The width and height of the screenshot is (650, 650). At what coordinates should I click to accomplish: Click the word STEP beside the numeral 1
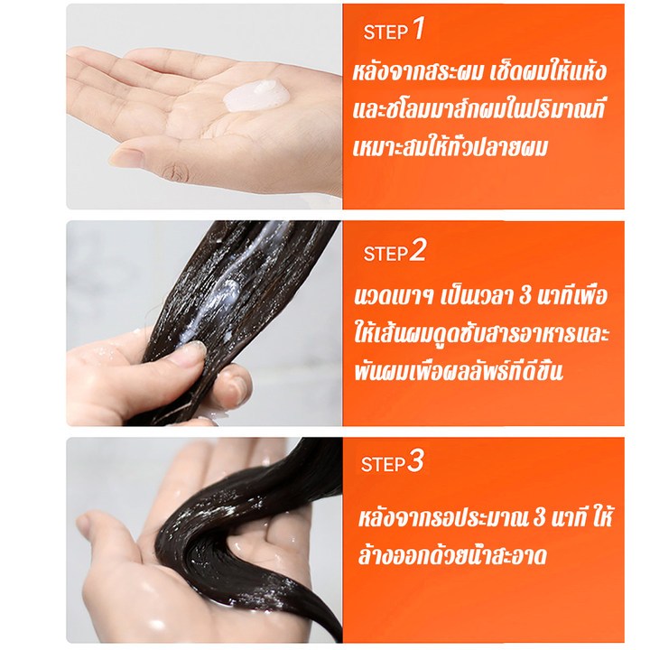(x=386, y=32)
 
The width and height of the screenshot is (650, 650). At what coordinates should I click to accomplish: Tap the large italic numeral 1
(x=419, y=29)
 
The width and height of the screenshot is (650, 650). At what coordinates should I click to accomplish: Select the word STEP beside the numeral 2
(x=386, y=254)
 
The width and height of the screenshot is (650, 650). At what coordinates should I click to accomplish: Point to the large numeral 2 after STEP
(x=418, y=251)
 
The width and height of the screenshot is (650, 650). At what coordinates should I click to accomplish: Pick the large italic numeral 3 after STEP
(x=415, y=461)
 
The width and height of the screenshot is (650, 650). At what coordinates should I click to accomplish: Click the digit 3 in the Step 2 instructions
(x=525, y=295)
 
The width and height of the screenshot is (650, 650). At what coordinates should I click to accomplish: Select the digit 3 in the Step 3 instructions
(x=539, y=517)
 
